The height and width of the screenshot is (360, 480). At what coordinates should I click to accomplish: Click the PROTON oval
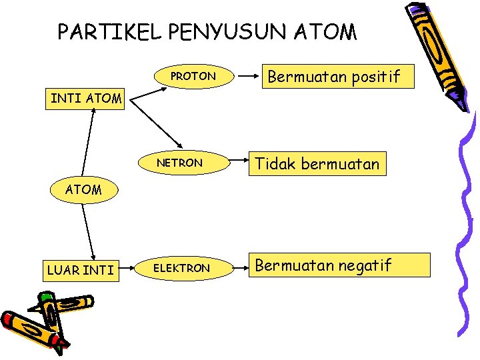click(193, 77)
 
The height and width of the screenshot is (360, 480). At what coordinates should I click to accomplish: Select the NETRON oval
click(179, 163)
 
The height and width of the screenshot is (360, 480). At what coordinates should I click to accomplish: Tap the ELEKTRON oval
click(182, 268)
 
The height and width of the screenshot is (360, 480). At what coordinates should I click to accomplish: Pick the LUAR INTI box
click(81, 270)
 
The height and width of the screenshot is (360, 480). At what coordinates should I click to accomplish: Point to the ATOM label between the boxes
click(83, 189)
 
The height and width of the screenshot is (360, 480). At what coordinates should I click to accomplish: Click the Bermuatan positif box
click(333, 77)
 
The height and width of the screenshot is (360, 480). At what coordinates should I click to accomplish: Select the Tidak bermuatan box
click(317, 163)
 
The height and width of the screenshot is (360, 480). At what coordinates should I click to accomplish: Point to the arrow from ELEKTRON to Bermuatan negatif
click(239, 267)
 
